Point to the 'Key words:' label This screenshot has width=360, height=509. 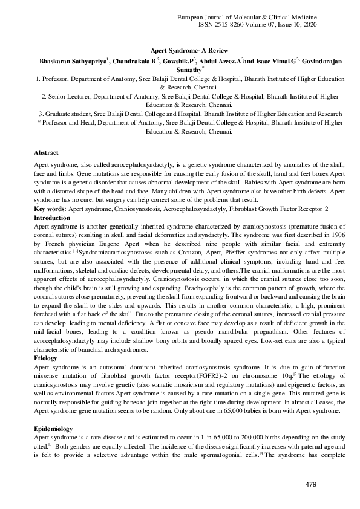pyautogui.click(x=51, y=209)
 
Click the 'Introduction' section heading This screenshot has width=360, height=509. pyautogui.click(x=52, y=216)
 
